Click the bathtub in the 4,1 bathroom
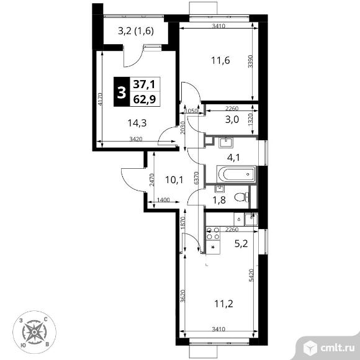pyautogui.click(x=236, y=174)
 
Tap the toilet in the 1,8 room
pyautogui.click(x=242, y=197)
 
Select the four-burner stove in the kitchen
pyautogui.click(x=214, y=233)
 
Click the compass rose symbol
pyautogui.click(x=34, y=332)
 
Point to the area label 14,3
pyautogui.click(x=137, y=124)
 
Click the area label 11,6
pyautogui.click(x=220, y=61)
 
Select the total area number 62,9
pyautogui.click(x=145, y=99)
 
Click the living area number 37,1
pyautogui.click(x=145, y=84)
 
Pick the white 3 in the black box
pyautogui.click(x=122, y=92)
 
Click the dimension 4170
pyautogui.click(x=101, y=99)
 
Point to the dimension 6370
pyautogui.click(x=196, y=178)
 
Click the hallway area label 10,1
pyautogui.click(x=174, y=180)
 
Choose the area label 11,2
pyautogui.click(x=223, y=304)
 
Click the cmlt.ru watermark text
pyautogui.click(x=337, y=348)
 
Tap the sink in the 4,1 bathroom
pyautogui.click(x=227, y=143)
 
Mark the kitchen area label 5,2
pyautogui.click(x=241, y=243)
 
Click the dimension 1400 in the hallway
pyautogui.click(x=163, y=200)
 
